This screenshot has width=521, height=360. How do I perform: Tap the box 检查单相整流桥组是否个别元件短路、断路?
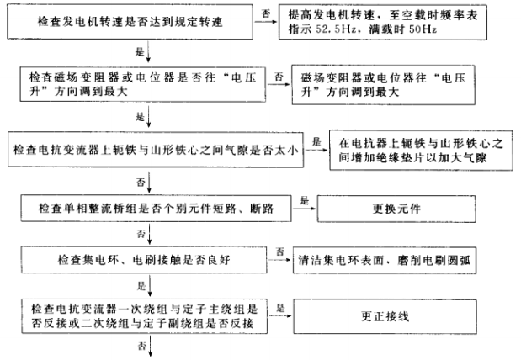(x=163, y=205)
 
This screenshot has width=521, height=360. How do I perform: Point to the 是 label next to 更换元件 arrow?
(x=305, y=198)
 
